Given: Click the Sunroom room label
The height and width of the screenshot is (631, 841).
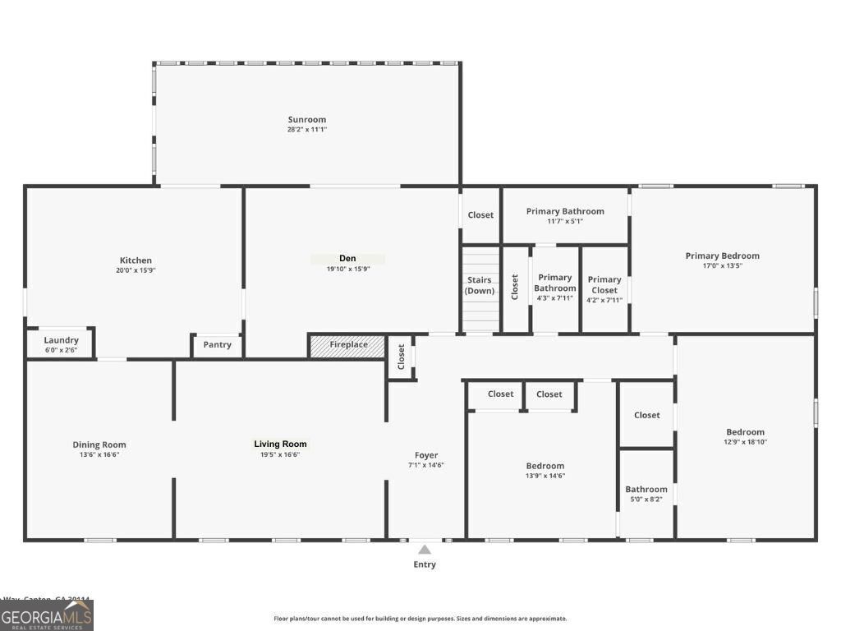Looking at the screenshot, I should tap(306, 119).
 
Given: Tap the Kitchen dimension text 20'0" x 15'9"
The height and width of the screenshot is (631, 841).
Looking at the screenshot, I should tap(136, 270).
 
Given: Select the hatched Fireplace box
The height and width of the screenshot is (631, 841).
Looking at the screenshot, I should tap(347, 345).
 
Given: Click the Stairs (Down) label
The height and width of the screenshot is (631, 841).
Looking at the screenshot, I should tap(480, 285).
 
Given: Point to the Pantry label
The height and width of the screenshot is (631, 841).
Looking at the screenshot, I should tap(217, 345).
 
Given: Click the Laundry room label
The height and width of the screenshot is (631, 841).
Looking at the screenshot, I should tap(61, 340).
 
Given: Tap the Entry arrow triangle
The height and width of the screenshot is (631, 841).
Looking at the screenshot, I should tap(425, 550).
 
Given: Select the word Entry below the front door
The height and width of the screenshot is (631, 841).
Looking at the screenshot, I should tap(425, 564).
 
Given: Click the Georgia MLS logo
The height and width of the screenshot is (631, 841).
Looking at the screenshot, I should tap(47, 615).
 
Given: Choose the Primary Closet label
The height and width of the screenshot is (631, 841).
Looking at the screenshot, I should tap(604, 284).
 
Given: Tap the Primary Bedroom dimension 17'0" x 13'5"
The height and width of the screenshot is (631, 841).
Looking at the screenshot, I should tap(722, 265).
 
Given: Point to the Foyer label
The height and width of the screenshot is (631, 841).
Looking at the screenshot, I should tap(426, 455).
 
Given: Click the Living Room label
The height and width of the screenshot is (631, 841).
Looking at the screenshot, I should tap(280, 444).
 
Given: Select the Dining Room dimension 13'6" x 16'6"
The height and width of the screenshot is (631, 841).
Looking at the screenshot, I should tap(99, 454).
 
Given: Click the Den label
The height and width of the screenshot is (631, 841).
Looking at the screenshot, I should tap(347, 259).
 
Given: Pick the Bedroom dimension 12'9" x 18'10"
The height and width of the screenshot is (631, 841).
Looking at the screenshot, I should tap(745, 442).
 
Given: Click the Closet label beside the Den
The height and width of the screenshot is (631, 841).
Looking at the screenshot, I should tap(480, 215).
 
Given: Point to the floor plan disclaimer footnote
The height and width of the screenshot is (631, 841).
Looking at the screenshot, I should tap(420, 619).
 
